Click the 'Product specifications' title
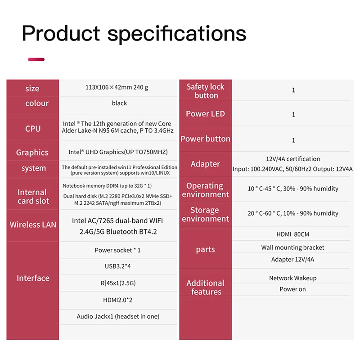pyautogui.click(x=134, y=33)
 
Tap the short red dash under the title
pyautogui.click(x=36, y=59)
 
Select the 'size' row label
pyautogui.click(x=32, y=89)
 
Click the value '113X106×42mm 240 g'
pyautogui.click(x=117, y=87)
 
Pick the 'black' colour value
pyautogui.click(x=119, y=103)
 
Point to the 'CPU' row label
pyautogui.click(x=33, y=129)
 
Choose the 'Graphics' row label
pyautogui.click(x=32, y=153)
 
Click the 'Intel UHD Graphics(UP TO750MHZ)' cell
pyautogui.click(x=118, y=152)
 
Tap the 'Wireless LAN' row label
pyautogui.click(x=33, y=225)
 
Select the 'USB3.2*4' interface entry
pyautogui.click(x=118, y=266)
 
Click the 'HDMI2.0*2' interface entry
pyautogui.click(x=118, y=300)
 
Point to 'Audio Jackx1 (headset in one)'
pyautogui.click(x=118, y=316)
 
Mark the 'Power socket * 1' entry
pyautogui.click(x=117, y=250)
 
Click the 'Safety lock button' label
pyautogui.click(x=206, y=91)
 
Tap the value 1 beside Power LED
pyautogui.click(x=293, y=115)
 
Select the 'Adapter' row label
pyautogui.click(x=205, y=164)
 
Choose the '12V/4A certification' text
pyautogui.click(x=293, y=159)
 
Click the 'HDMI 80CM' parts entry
pyautogui.click(x=293, y=234)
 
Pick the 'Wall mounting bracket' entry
pyautogui.click(x=293, y=247)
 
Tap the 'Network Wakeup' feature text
pyautogui.click(x=293, y=278)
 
